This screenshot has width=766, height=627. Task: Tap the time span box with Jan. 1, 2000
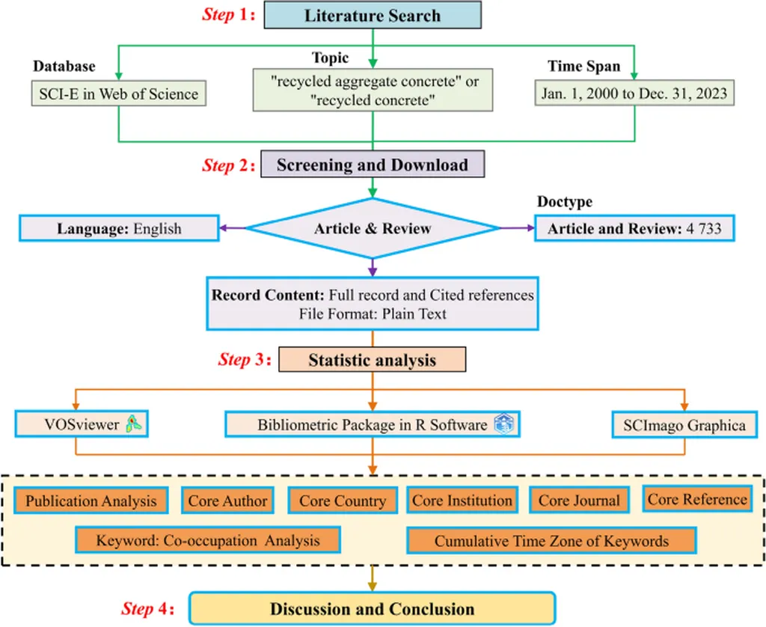pos(634,94)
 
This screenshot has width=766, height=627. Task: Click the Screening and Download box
pos(372,165)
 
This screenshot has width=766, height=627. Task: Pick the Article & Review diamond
pos(373,228)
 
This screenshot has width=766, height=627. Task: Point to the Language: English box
pos(119,228)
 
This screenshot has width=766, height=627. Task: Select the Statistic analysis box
pos(372,360)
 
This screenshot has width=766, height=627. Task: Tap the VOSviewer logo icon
pos(135,425)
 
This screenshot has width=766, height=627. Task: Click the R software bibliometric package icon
pos(503,425)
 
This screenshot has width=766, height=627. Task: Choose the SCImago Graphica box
pos(684,425)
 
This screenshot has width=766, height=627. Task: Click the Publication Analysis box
pos(91,501)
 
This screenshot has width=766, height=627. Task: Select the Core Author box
pos(227,501)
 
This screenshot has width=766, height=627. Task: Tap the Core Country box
pos(343,501)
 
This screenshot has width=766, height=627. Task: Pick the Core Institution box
pos(462,501)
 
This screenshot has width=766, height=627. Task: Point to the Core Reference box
pos(697,499)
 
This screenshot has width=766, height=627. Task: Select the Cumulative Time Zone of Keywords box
pos(551,540)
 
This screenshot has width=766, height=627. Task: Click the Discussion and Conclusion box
pos(372,608)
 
